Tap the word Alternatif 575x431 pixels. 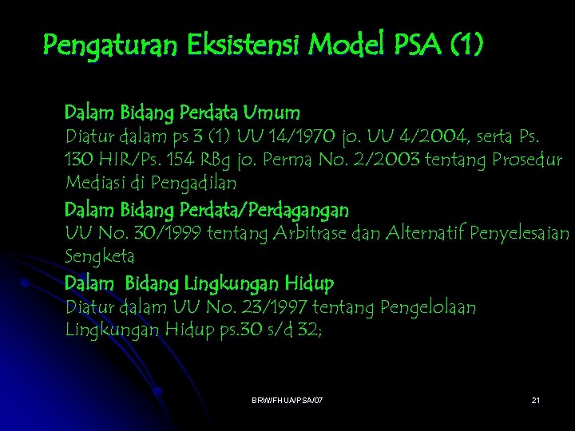tap(421, 233)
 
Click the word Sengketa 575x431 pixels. tap(100, 257)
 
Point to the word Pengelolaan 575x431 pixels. tap(428, 307)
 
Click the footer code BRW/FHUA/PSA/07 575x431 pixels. tap(287, 398)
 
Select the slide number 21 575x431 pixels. tap(536, 398)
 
